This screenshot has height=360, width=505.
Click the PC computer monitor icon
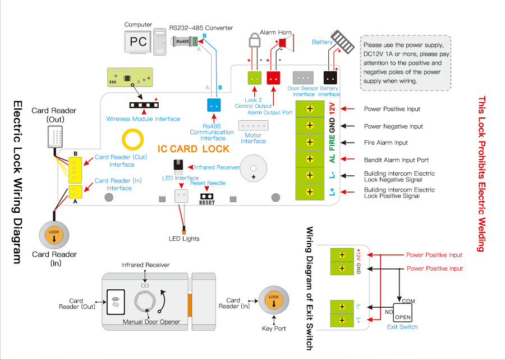(138, 42)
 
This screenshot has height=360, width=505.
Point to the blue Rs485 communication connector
(212, 106)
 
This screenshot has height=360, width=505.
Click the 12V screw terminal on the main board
(309, 108)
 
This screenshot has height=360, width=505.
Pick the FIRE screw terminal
(309, 143)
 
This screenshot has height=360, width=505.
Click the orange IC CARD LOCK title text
(193, 149)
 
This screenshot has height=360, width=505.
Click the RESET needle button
(206, 197)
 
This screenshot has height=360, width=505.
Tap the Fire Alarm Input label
(385, 143)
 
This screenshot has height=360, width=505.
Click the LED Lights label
(184, 239)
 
